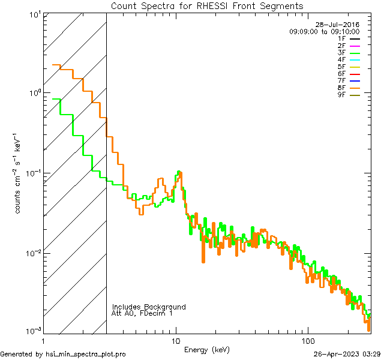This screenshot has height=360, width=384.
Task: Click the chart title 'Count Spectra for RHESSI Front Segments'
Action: [x=207, y=6]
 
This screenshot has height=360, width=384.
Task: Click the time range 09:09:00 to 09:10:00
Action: [x=324, y=31]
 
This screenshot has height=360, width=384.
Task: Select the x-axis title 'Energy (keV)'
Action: [x=206, y=349]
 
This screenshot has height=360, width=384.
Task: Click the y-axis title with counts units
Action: [x=18, y=173]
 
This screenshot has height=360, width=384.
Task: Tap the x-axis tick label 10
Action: [x=176, y=340]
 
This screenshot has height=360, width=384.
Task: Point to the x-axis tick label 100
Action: [x=308, y=340]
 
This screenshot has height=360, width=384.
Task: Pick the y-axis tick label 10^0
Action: [x=34, y=93]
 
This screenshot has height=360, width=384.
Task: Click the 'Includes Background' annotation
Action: [x=149, y=307]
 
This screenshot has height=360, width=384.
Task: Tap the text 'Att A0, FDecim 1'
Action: [x=142, y=313]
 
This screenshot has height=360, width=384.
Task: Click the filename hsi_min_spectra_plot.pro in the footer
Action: [x=85, y=355]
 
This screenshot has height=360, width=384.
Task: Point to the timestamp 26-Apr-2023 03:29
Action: [x=347, y=355]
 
